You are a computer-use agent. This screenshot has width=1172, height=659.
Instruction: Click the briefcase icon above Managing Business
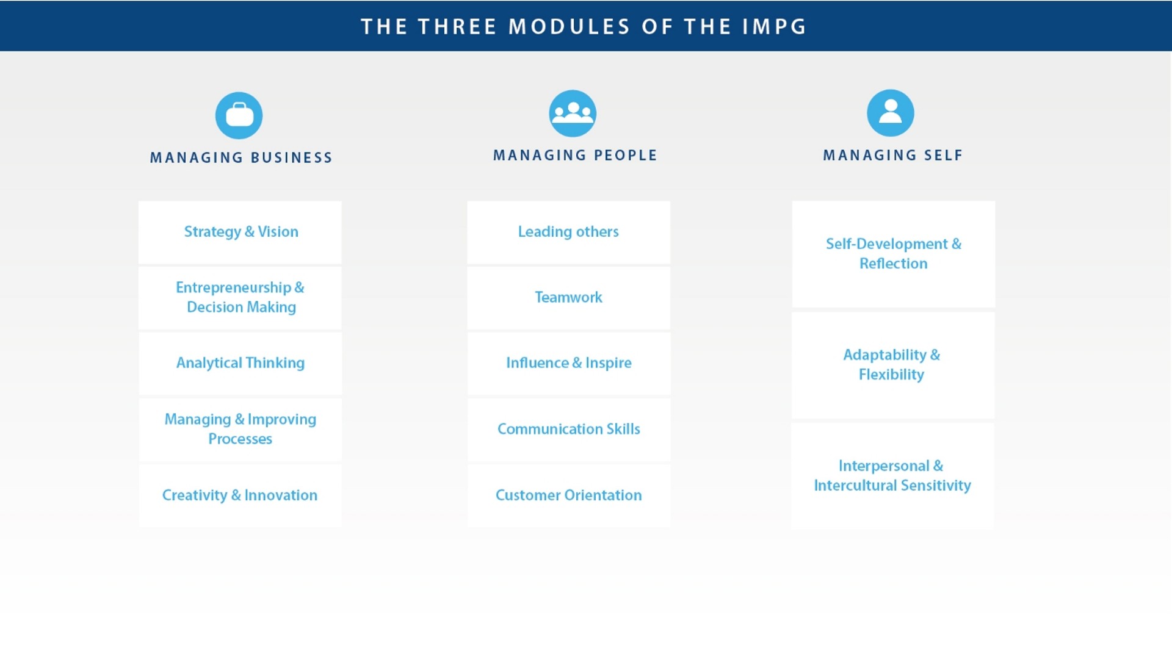(239, 115)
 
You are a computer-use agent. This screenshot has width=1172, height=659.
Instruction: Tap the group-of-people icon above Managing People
(573, 113)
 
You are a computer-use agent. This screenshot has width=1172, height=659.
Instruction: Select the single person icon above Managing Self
(891, 113)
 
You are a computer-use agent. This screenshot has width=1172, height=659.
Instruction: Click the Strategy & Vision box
(240, 232)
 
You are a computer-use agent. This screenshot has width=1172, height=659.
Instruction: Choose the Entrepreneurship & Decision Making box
(240, 298)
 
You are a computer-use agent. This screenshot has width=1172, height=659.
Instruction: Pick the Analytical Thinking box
(240, 364)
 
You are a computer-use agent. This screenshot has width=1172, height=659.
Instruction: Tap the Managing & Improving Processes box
(240, 430)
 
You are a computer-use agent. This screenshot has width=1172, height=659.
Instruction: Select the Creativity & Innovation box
(240, 495)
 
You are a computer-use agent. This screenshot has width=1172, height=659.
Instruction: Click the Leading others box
(568, 232)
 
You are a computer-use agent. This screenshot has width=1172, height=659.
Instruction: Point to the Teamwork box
(568, 298)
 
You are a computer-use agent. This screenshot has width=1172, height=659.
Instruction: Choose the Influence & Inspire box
(568, 364)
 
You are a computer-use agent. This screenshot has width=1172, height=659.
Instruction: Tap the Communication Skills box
(568, 430)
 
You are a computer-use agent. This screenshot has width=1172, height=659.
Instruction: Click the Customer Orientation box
(568, 495)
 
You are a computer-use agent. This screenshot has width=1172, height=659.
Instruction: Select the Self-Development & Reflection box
(894, 254)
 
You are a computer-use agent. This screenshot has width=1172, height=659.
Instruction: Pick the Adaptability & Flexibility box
(893, 366)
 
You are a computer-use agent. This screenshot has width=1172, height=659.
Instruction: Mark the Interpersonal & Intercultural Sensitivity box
(893, 476)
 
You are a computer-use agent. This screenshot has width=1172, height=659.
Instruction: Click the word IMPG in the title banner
(775, 27)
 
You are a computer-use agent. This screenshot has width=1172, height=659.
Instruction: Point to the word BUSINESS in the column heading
(291, 158)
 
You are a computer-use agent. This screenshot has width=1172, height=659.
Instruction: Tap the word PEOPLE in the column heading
(625, 156)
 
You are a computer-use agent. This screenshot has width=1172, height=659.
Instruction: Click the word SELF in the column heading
(943, 156)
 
